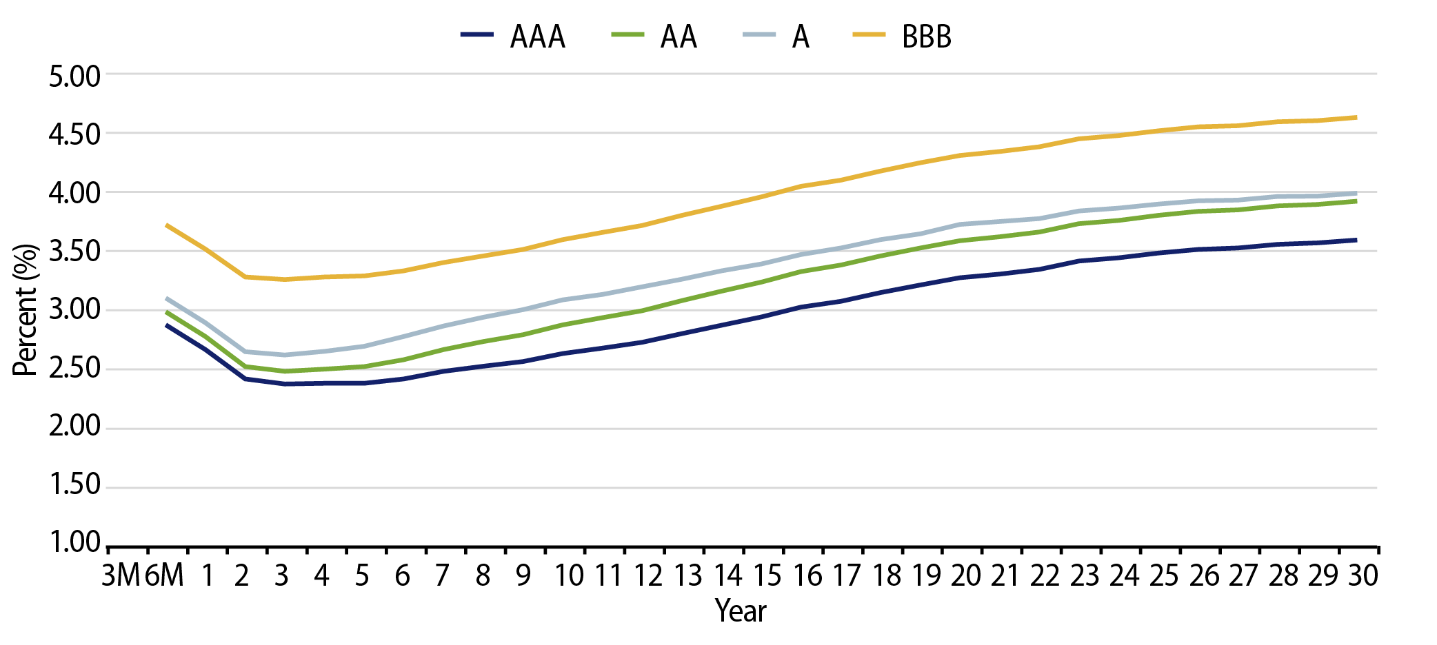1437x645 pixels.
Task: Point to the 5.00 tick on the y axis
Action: (74, 76)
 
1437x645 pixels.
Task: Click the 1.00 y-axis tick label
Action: (74, 542)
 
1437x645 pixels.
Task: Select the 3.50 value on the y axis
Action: (74, 251)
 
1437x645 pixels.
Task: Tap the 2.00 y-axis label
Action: (74, 426)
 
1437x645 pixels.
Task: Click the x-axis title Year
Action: (741, 611)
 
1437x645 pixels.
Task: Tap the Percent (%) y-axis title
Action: (25, 309)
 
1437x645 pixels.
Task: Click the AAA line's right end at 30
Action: (1356, 240)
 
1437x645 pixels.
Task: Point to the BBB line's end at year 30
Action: (1356, 118)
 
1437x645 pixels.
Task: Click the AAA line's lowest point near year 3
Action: (285, 384)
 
